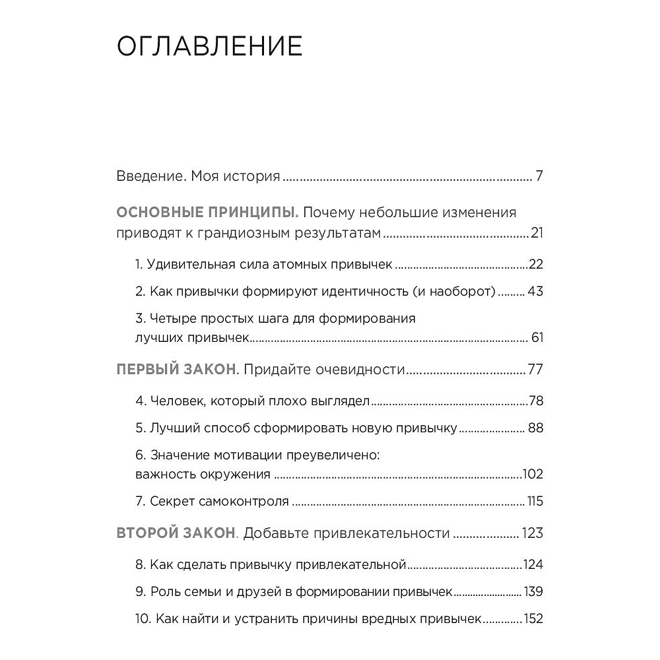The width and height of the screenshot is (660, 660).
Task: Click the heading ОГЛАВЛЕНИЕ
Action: click(x=209, y=48)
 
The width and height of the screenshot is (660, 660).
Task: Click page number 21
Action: click(x=536, y=234)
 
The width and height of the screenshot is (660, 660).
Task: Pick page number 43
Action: click(x=535, y=291)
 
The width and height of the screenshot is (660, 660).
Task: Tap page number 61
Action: click(x=537, y=338)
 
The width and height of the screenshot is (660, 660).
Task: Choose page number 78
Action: click(x=536, y=401)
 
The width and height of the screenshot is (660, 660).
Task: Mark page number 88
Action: click(x=535, y=428)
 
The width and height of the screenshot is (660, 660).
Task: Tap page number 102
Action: click(x=532, y=474)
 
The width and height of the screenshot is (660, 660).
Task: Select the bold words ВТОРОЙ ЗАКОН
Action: click(x=176, y=533)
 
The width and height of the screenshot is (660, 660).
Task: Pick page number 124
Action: click(x=532, y=565)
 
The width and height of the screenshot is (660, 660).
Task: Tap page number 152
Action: click(x=532, y=619)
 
